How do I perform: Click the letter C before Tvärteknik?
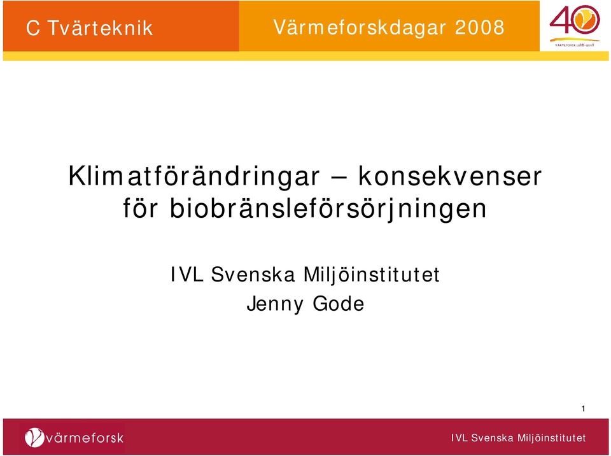point(32,28)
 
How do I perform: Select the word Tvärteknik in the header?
point(100,28)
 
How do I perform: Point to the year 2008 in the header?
point(480,27)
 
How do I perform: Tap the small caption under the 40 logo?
point(574,45)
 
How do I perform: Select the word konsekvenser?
point(450,176)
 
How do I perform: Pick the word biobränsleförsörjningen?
point(328,210)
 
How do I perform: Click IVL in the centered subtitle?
point(187,274)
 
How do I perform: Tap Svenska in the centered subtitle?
point(253,274)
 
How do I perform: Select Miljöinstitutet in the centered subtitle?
point(371,275)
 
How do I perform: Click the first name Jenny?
point(275,304)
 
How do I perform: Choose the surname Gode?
point(339,304)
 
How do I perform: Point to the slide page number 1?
point(584,409)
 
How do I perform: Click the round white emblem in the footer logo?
point(34,438)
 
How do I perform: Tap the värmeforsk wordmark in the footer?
point(85,438)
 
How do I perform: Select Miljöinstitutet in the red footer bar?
point(551,438)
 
